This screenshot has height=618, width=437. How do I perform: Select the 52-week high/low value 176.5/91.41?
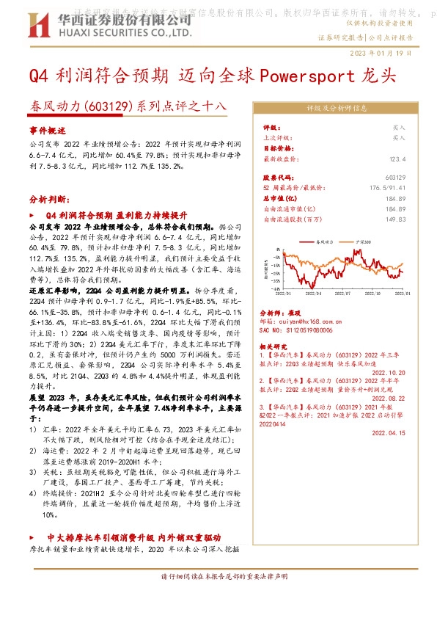coord(388,188)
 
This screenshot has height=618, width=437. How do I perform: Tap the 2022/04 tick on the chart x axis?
coord(312,293)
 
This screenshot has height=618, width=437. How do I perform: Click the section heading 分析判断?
coord(49,199)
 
